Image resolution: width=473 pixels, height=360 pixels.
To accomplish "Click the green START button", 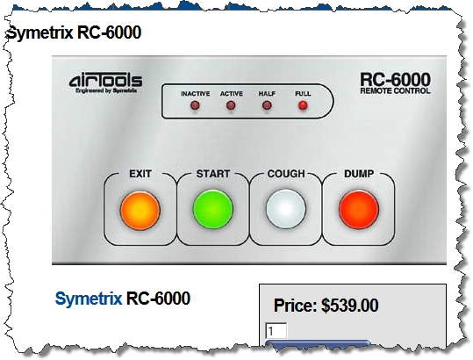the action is pyautogui.click(x=213, y=210).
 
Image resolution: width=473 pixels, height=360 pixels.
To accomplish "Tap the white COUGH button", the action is pyautogui.click(x=286, y=210).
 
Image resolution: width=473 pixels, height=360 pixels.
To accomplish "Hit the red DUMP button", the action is pyautogui.click(x=359, y=210).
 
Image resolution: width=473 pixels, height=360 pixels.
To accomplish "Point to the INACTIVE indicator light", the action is pyautogui.click(x=195, y=105).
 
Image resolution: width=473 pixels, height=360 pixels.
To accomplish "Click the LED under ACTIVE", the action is pyautogui.click(x=231, y=105).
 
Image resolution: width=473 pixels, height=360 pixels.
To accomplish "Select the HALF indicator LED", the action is pyautogui.click(x=267, y=105).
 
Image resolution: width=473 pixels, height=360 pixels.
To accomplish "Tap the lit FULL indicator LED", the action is pyautogui.click(x=303, y=105).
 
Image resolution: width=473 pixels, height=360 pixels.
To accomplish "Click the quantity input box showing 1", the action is pyautogui.click(x=276, y=331).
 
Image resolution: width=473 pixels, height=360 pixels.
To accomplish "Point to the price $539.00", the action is pyautogui.click(x=349, y=305).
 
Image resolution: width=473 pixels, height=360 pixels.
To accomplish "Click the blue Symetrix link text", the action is pyautogui.click(x=89, y=299).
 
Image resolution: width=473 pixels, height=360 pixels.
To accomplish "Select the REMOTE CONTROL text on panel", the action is pyautogui.click(x=395, y=90).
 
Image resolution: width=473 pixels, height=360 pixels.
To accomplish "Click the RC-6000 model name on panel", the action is pyautogui.click(x=395, y=79).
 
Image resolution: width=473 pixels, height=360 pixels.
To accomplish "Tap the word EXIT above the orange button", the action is pyautogui.click(x=140, y=174).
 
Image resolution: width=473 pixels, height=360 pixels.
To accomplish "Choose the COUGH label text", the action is pyautogui.click(x=286, y=174).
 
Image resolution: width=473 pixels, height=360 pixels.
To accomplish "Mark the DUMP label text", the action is pyautogui.click(x=359, y=174).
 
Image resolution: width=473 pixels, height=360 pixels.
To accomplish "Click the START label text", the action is pyautogui.click(x=213, y=174).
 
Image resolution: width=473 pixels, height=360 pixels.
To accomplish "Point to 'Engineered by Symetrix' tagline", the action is pyautogui.click(x=106, y=90).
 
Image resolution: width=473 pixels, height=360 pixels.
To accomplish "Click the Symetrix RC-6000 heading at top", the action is pyautogui.click(x=74, y=32).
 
